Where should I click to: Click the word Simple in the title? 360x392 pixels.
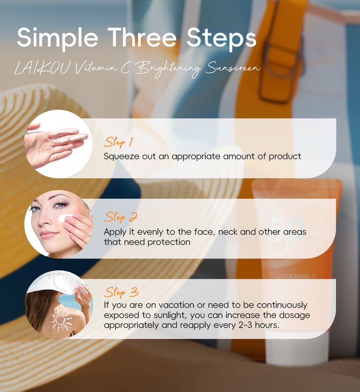(x=57, y=38)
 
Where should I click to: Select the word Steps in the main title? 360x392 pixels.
(x=221, y=38)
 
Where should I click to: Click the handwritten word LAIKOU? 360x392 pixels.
(x=41, y=68)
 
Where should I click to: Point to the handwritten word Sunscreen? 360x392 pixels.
(x=233, y=67)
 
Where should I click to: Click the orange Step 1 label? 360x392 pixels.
(x=118, y=142)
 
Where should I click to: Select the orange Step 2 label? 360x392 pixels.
(x=121, y=217)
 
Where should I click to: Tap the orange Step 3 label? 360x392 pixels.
(x=121, y=292)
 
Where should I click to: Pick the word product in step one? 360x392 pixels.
(x=285, y=157)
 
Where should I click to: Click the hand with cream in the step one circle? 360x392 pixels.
(x=56, y=143)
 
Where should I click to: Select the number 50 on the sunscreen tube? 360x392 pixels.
(x=287, y=228)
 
